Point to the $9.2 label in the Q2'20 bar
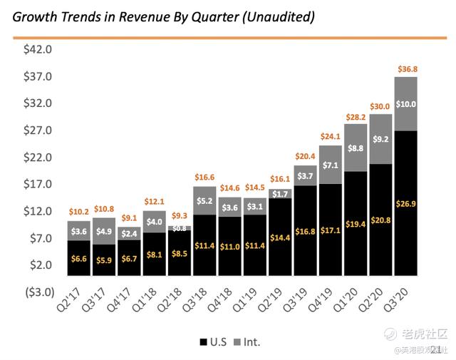pos(380,140)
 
